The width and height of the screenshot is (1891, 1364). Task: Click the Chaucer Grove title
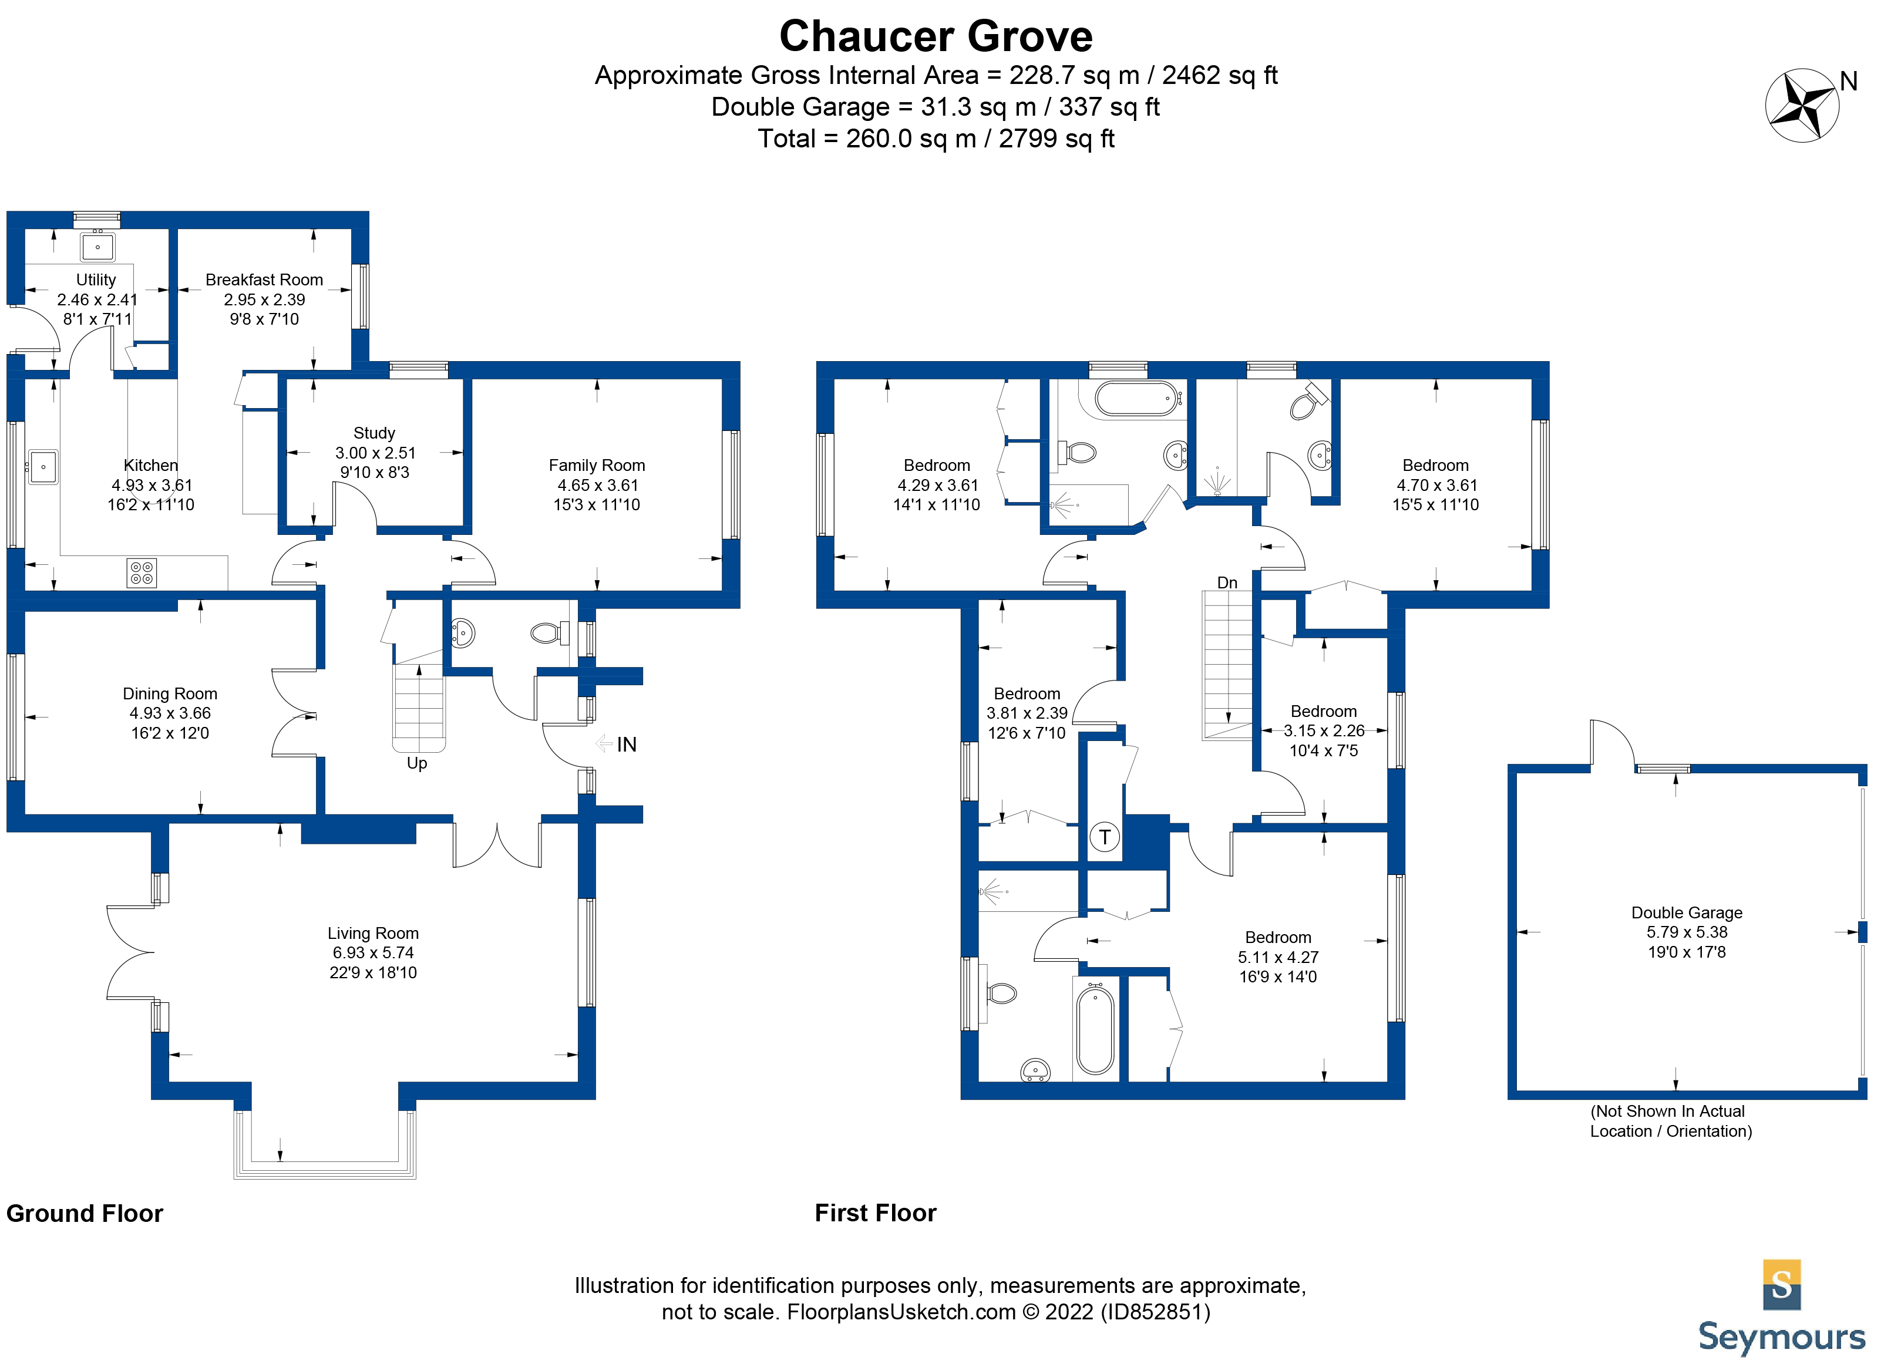[936, 36]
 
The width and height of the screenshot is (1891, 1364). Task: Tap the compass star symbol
[1801, 106]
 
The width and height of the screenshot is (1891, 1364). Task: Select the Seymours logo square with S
[1782, 1284]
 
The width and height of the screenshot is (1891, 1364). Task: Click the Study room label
[374, 433]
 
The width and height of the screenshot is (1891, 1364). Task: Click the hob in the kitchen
[142, 572]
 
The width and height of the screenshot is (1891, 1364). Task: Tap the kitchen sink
[42, 467]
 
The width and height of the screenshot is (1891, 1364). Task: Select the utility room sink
[97, 247]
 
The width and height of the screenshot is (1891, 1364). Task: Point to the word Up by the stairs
[417, 763]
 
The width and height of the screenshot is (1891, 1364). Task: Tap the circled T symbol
[1104, 836]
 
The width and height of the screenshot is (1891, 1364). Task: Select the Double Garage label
[1686, 912]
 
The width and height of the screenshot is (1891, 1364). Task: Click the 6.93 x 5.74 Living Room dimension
[373, 952]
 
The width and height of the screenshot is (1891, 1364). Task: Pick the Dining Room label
[170, 693]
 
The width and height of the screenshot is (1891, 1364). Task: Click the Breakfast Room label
[264, 279]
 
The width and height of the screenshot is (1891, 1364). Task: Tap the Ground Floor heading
[84, 1213]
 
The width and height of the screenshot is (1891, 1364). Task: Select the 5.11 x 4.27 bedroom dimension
[1277, 957]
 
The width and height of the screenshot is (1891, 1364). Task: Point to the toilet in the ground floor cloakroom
[546, 634]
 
